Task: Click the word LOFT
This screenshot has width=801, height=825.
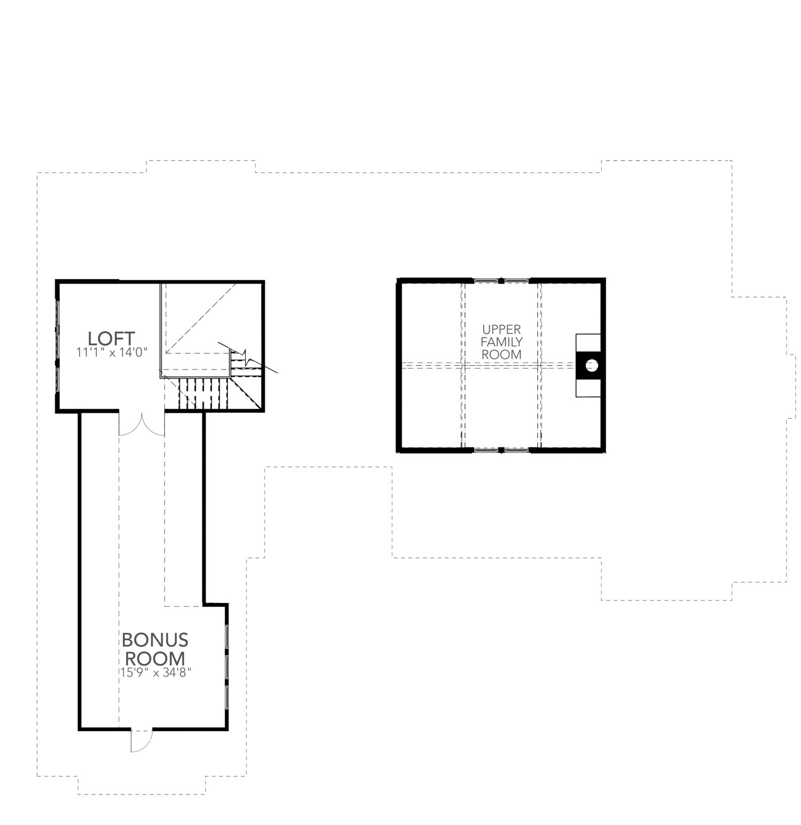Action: click(x=111, y=339)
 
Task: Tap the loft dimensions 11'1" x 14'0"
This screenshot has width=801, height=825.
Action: click(x=111, y=352)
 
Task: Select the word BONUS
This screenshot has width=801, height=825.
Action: click(x=155, y=640)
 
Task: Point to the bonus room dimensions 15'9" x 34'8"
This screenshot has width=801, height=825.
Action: click(x=155, y=673)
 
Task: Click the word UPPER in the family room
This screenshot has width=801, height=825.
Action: click(x=501, y=329)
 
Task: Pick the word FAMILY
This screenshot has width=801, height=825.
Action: click(x=501, y=342)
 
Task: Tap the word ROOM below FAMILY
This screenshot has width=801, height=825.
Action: click(x=501, y=354)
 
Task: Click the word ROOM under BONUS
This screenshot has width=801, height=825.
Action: click(x=155, y=658)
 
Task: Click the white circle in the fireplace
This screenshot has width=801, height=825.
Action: click(x=591, y=365)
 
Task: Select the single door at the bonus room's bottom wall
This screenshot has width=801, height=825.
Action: click(x=141, y=740)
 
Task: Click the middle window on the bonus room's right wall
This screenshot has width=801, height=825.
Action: click(x=227, y=666)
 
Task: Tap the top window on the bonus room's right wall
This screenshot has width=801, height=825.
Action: click(x=227, y=636)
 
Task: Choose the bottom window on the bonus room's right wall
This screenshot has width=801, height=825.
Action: click(x=227, y=697)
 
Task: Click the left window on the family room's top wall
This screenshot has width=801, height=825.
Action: click(x=485, y=280)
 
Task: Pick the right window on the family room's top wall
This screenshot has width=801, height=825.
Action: click(x=516, y=280)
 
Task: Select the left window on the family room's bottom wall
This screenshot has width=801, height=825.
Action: click(x=485, y=450)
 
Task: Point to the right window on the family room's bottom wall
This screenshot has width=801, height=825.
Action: click(x=516, y=450)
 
